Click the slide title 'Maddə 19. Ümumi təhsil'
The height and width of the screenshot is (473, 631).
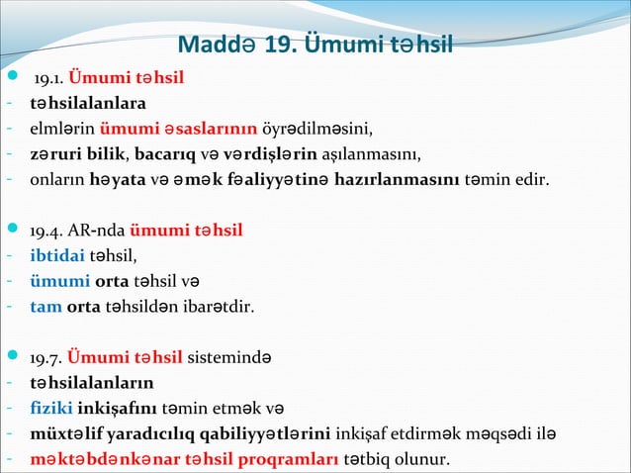[x=315, y=46]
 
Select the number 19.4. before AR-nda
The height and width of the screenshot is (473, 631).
[x=48, y=232]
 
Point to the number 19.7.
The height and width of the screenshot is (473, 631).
[x=48, y=356]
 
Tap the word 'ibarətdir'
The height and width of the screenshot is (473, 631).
[x=221, y=307]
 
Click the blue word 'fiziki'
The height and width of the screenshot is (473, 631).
[x=50, y=407]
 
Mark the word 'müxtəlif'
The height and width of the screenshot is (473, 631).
[x=65, y=433]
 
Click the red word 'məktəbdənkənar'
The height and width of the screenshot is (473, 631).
[x=96, y=459]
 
